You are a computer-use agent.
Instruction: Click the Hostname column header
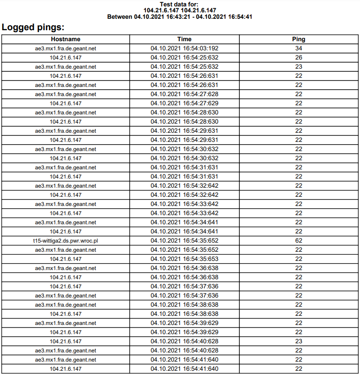65,39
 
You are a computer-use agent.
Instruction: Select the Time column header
184,39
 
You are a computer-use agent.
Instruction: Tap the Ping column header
299,39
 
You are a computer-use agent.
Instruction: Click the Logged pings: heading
33,27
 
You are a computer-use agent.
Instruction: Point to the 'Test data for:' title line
180,4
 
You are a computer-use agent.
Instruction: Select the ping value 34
299,49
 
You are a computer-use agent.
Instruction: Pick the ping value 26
299,58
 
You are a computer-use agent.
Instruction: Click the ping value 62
299,241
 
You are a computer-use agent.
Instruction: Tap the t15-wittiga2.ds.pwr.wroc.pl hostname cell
65,241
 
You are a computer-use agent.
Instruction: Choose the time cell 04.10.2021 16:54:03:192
184,49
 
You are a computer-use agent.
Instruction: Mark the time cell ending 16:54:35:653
184,259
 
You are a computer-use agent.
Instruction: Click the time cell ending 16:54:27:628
184,94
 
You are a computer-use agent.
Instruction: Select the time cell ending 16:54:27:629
184,103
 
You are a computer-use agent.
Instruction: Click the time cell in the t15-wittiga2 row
184,241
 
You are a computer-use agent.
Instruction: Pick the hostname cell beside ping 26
65,58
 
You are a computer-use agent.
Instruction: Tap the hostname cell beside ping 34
65,49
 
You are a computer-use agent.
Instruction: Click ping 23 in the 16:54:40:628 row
299,341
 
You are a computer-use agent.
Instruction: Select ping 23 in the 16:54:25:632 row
299,67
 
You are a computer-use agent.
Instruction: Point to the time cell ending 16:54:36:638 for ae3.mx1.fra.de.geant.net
184,268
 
